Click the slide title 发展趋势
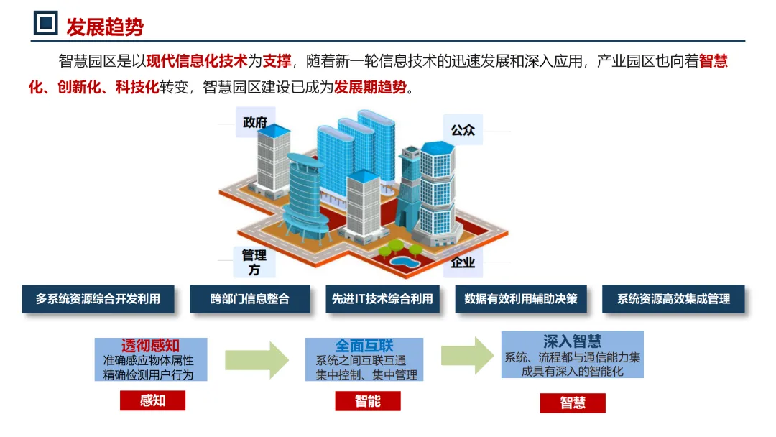[105, 27]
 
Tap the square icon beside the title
[46, 24]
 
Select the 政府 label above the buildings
[254, 122]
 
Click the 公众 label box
[463, 130]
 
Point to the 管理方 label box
[254, 262]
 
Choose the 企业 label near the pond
[463, 262]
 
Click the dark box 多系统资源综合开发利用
[98, 298]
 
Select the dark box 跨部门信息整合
[249, 298]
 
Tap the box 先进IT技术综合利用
[382, 298]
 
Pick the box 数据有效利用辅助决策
[521, 298]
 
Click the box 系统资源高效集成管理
[673, 298]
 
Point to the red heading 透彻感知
[150, 345]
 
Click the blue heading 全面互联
[364, 345]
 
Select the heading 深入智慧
[572, 341]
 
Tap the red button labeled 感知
[152, 400]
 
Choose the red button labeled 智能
[367, 401]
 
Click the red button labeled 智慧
[573, 403]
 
